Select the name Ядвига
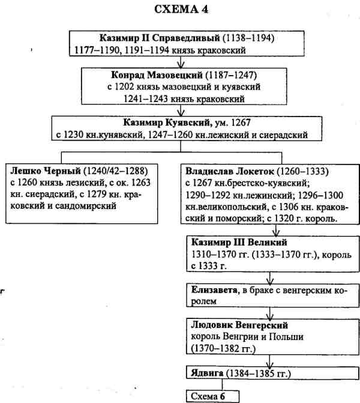[x=208, y=375]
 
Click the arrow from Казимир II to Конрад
[x=180, y=61]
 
